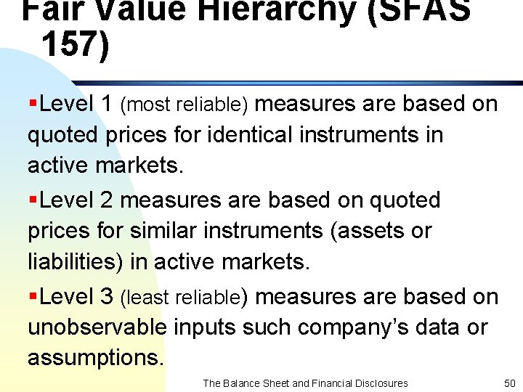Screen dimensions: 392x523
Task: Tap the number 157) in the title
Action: click(x=76, y=43)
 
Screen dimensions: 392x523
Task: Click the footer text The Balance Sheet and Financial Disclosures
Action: click(x=305, y=383)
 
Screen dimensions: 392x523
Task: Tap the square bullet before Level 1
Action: click(x=33, y=105)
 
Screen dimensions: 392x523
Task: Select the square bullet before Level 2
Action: click(x=33, y=200)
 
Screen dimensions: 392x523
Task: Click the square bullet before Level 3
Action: click(x=33, y=297)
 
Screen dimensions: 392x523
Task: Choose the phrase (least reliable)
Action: click(x=184, y=298)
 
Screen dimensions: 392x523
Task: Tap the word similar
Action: click(x=157, y=231)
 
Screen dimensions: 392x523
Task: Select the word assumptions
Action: click(x=95, y=358)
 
